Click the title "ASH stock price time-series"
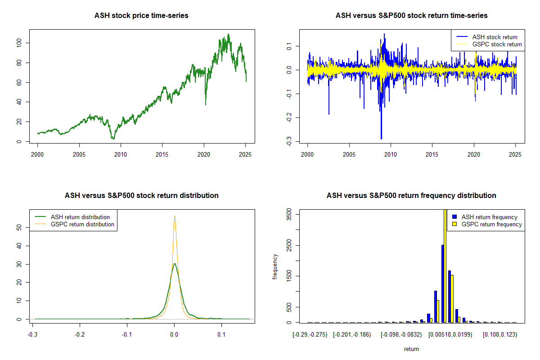pos(141,16)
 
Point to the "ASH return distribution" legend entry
pos(80,217)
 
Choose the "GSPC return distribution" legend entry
pos(82,224)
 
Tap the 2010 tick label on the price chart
pos(121,155)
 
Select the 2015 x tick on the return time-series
pos(432,155)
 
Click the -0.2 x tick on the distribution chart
pos(80,335)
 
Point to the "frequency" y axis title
pos(275,266)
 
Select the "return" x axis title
pos(411,349)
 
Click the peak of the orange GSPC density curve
pos(175,216)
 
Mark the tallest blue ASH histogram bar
pos(443,283)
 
